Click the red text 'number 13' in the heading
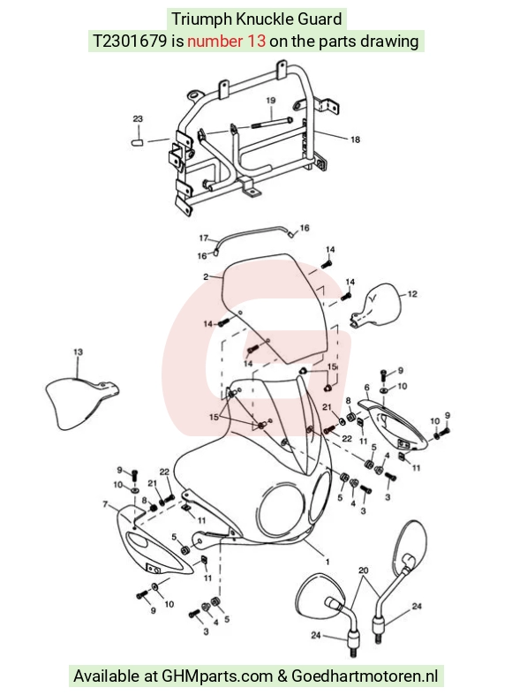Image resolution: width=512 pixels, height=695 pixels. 226,42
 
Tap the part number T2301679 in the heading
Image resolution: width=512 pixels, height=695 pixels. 130,42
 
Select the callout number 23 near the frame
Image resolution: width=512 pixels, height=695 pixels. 138,119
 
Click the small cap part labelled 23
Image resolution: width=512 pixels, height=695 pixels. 138,142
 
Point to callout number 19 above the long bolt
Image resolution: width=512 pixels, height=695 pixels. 271,101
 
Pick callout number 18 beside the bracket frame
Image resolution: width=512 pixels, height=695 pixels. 355,140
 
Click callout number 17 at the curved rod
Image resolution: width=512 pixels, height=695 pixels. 203,238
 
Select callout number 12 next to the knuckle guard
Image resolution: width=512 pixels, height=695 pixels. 412,294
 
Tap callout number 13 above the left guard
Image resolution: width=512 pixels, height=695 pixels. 78,352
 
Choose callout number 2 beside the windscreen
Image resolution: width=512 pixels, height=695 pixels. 206,277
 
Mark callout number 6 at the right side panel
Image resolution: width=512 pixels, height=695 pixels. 366,388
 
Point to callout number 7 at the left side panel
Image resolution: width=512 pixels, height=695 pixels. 105,504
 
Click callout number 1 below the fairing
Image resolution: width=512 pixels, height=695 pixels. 328,562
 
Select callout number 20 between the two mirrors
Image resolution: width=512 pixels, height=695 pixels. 363,570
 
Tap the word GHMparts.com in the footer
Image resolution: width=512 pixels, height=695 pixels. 217,676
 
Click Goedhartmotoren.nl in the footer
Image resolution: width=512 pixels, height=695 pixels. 365,676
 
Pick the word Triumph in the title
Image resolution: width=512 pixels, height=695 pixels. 201,19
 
